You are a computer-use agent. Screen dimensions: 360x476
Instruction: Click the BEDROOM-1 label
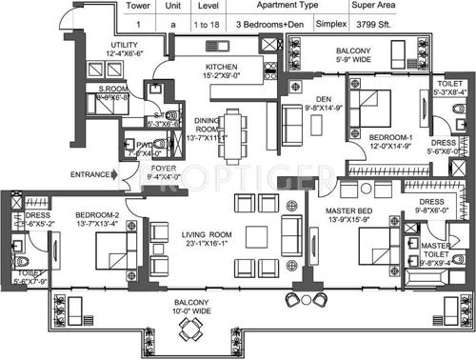pyautogui.click(x=390, y=137)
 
